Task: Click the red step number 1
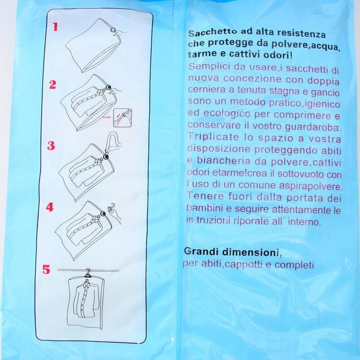(x=55, y=27)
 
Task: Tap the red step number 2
(x=52, y=84)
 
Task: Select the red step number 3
(x=51, y=146)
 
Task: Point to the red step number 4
(x=50, y=207)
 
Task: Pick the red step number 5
(x=46, y=269)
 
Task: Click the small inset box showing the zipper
(x=122, y=118)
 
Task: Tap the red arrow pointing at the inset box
(x=106, y=117)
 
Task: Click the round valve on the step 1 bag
(x=113, y=30)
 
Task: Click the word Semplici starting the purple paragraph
(x=209, y=67)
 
